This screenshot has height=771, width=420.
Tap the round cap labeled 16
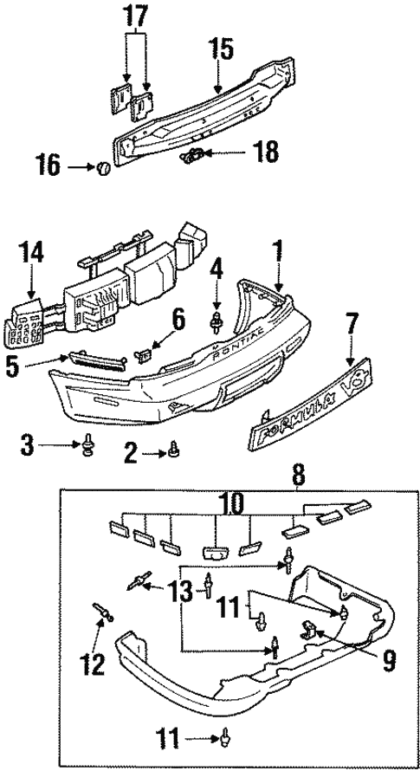[x=103, y=167]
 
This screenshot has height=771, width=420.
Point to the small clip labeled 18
[x=194, y=156]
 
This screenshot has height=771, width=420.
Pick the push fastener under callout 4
[x=216, y=322]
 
